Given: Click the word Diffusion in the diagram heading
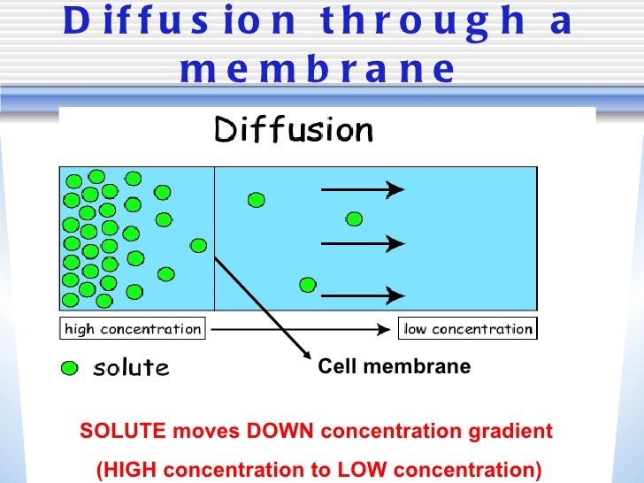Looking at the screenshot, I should [x=294, y=131].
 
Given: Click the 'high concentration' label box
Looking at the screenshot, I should [x=133, y=329].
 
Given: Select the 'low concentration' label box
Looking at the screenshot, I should [x=468, y=329].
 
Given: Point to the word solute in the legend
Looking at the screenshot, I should [x=131, y=367].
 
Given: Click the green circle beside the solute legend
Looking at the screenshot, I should [x=69, y=367].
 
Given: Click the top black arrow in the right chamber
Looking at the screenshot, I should [x=362, y=188].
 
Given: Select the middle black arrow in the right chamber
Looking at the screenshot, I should [x=362, y=242].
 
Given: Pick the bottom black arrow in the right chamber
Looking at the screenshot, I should [x=362, y=295].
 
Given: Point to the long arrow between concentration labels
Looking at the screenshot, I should [x=301, y=329].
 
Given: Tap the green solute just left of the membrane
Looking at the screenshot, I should [x=199, y=245].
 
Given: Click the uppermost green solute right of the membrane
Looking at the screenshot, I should [x=256, y=200].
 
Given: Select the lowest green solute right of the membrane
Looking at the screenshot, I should [x=307, y=284].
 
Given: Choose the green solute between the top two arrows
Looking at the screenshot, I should [x=355, y=218].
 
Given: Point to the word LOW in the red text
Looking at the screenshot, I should [x=413, y=470].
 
